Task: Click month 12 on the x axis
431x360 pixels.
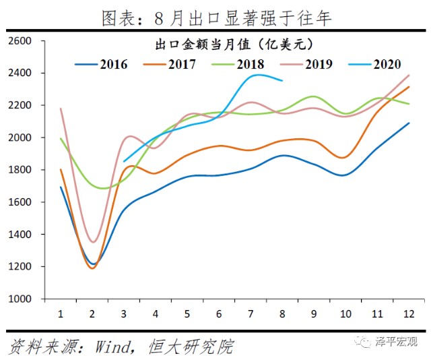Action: (408, 313)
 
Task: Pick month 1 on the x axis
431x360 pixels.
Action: (61, 313)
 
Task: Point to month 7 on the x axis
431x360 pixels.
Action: (251, 313)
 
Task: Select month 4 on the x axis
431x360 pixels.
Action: (156, 313)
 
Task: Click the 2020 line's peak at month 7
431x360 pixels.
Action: (255, 75)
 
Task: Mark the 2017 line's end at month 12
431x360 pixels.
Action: (408, 86)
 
